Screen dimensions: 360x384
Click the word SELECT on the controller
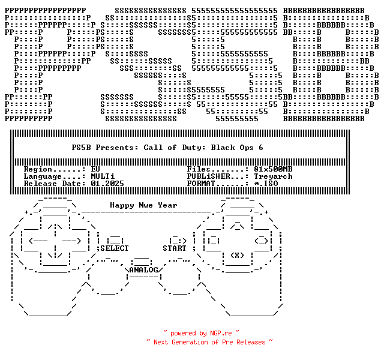tap(114, 248)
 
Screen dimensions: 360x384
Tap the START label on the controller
tap(175, 248)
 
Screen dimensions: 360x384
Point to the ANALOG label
tap(143, 270)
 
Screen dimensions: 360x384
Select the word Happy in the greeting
tap(122, 205)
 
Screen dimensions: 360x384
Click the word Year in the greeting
tap(167, 205)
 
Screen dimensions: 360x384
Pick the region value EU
tap(95, 169)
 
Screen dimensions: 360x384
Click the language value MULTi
tap(103, 176)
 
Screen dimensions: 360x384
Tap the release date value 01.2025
tap(107, 184)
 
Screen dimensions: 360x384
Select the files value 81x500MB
tap(273, 169)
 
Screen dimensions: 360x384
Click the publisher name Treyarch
tap(273, 176)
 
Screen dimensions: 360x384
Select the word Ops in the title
tap(244, 147)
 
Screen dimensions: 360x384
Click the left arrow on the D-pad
tap(34, 241)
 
